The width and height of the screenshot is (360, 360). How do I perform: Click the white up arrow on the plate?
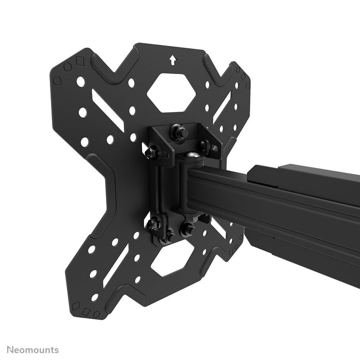[172, 61]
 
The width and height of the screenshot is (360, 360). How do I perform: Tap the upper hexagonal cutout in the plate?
[171, 93]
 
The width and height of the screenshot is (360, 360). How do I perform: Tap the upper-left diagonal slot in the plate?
[109, 110]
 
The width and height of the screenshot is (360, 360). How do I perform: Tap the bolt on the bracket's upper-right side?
[211, 148]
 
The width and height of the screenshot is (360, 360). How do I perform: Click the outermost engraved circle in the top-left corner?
[57, 81]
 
